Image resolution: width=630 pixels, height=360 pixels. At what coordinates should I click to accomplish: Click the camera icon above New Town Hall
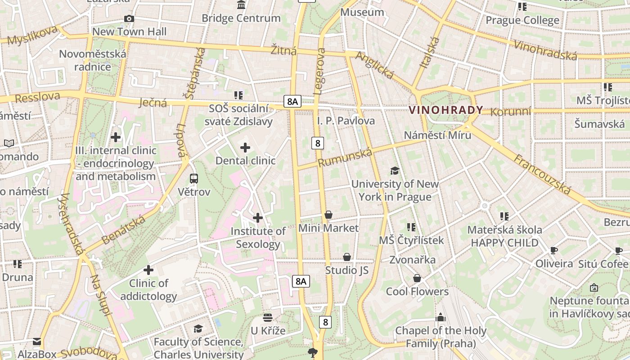click(x=129, y=18)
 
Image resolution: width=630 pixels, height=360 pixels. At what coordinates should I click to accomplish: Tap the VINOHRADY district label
click(x=446, y=110)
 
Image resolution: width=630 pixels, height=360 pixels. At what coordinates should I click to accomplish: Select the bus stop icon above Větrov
click(x=194, y=179)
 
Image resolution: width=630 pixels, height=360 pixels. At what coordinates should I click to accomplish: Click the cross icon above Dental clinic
click(x=245, y=148)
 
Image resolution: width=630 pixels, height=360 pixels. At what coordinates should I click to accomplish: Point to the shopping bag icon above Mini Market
click(x=328, y=215)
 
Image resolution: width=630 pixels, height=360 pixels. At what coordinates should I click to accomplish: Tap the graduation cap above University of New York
click(x=395, y=171)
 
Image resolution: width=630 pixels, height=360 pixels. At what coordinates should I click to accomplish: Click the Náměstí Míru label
click(x=437, y=135)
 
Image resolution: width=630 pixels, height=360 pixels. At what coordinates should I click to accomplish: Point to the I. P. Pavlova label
click(x=346, y=121)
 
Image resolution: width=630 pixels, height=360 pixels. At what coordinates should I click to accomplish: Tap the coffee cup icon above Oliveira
click(x=554, y=250)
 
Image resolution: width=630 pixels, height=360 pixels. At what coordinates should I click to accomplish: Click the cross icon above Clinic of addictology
click(x=148, y=270)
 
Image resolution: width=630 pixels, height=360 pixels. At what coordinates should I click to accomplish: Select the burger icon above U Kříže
click(x=268, y=318)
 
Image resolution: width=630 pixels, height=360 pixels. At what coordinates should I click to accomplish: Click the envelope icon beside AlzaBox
click(x=37, y=342)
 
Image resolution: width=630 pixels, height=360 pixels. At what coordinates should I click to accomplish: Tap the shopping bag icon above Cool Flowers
click(x=417, y=278)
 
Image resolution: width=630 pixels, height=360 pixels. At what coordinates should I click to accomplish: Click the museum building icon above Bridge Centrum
click(x=241, y=5)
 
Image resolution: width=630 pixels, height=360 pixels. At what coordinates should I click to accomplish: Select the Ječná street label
click(x=153, y=103)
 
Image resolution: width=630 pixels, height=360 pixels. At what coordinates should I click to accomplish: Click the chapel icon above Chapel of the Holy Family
click(x=441, y=318)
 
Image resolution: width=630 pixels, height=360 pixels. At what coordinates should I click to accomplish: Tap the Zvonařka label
click(x=412, y=260)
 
